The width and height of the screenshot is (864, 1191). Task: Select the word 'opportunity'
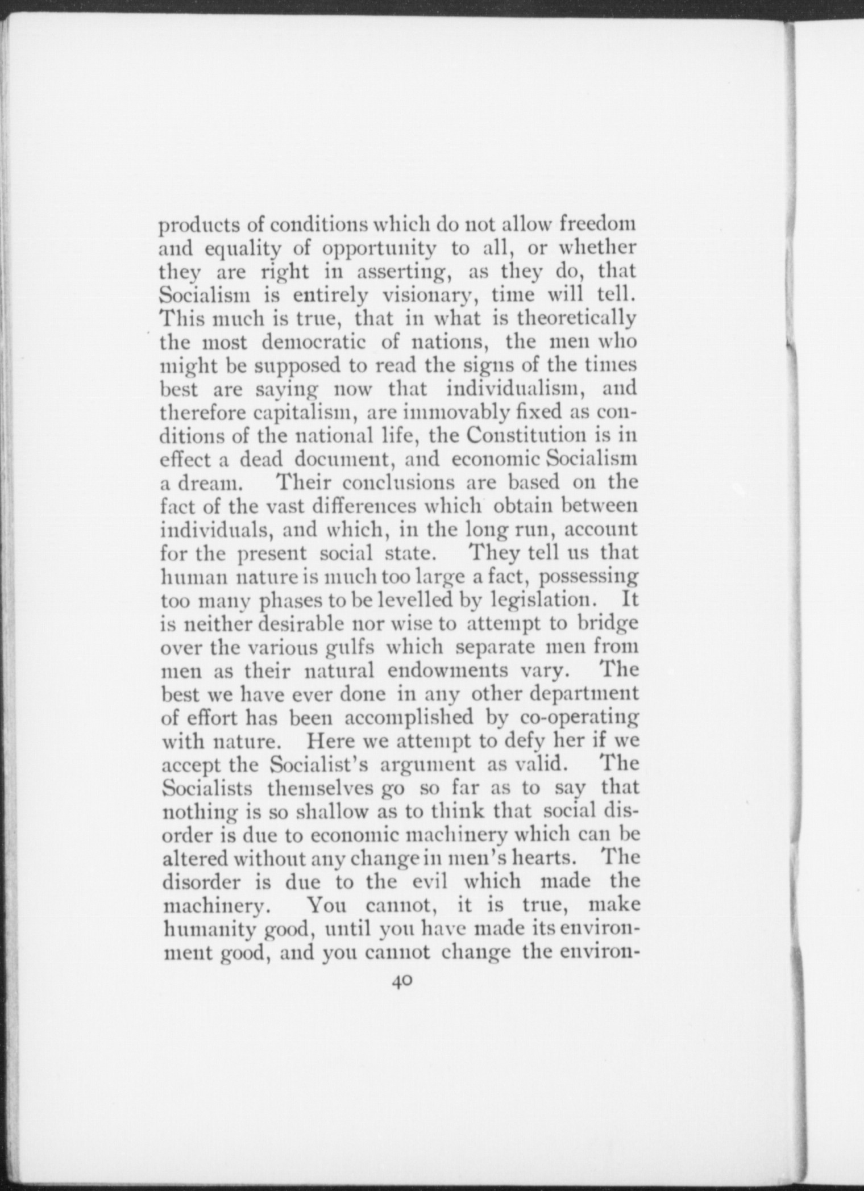point(379,249)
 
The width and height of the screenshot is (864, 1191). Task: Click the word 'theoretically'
point(576,319)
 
